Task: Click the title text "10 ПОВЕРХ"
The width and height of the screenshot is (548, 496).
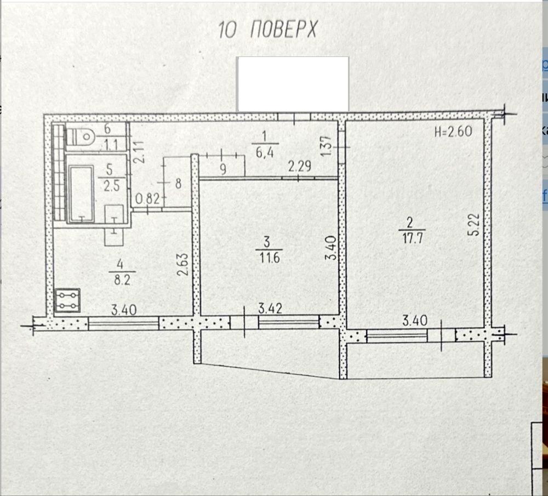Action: (267, 30)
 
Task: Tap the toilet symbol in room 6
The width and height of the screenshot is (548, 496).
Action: (81, 136)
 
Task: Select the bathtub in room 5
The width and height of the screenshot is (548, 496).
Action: (82, 194)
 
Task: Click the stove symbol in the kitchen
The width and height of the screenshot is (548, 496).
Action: (67, 300)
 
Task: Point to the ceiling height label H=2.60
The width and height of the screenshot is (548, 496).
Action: (453, 132)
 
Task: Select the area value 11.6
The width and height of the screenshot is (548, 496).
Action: (270, 258)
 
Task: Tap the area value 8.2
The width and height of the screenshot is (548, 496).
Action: (122, 280)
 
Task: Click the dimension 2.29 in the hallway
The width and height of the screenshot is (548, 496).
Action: (300, 166)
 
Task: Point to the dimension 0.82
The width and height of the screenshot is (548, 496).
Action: (147, 199)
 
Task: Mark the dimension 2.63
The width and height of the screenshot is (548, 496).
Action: (183, 265)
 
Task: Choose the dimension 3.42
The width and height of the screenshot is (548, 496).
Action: (270, 309)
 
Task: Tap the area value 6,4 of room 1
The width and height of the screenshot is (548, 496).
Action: (265, 152)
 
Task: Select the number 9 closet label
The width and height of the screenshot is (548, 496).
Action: (222, 169)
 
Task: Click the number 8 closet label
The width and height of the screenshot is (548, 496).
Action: (178, 184)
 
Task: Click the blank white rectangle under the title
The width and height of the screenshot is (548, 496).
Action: (293, 84)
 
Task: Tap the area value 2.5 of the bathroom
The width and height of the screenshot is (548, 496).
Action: (111, 186)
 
